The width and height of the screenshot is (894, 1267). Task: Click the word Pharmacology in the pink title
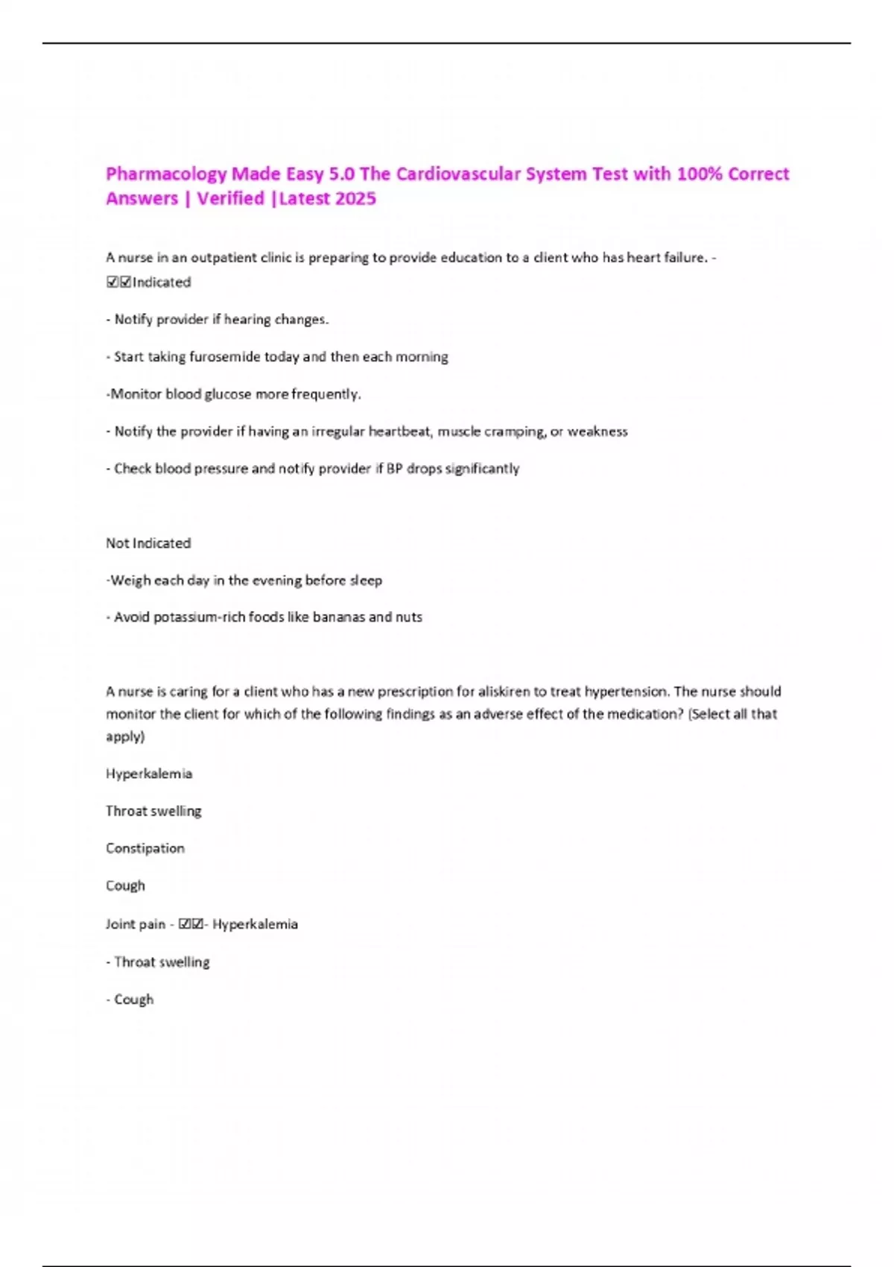(165, 174)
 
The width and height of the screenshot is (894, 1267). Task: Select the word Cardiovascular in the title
(458, 174)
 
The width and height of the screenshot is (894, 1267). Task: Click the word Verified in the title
(230, 199)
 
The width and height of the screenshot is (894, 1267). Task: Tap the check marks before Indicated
(118, 282)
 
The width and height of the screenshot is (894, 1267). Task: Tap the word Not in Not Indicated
(117, 543)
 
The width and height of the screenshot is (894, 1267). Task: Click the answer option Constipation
(145, 848)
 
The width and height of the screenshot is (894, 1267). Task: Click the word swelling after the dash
(185, 962)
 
